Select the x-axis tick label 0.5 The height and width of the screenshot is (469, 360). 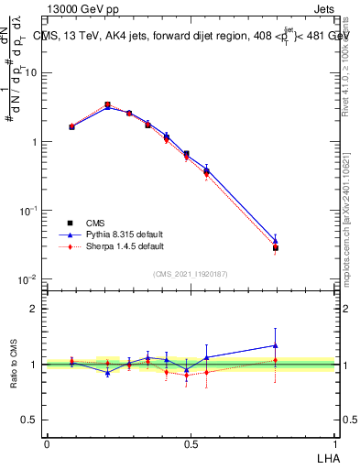[x=191, y=442]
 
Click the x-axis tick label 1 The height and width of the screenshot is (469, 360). [x=334, y=442]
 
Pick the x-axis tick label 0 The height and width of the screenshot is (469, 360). [x=47, y=442]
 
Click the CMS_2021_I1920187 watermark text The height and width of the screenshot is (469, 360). [x=191, y=273]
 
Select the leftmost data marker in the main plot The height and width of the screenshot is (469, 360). [x=71, y=126]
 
